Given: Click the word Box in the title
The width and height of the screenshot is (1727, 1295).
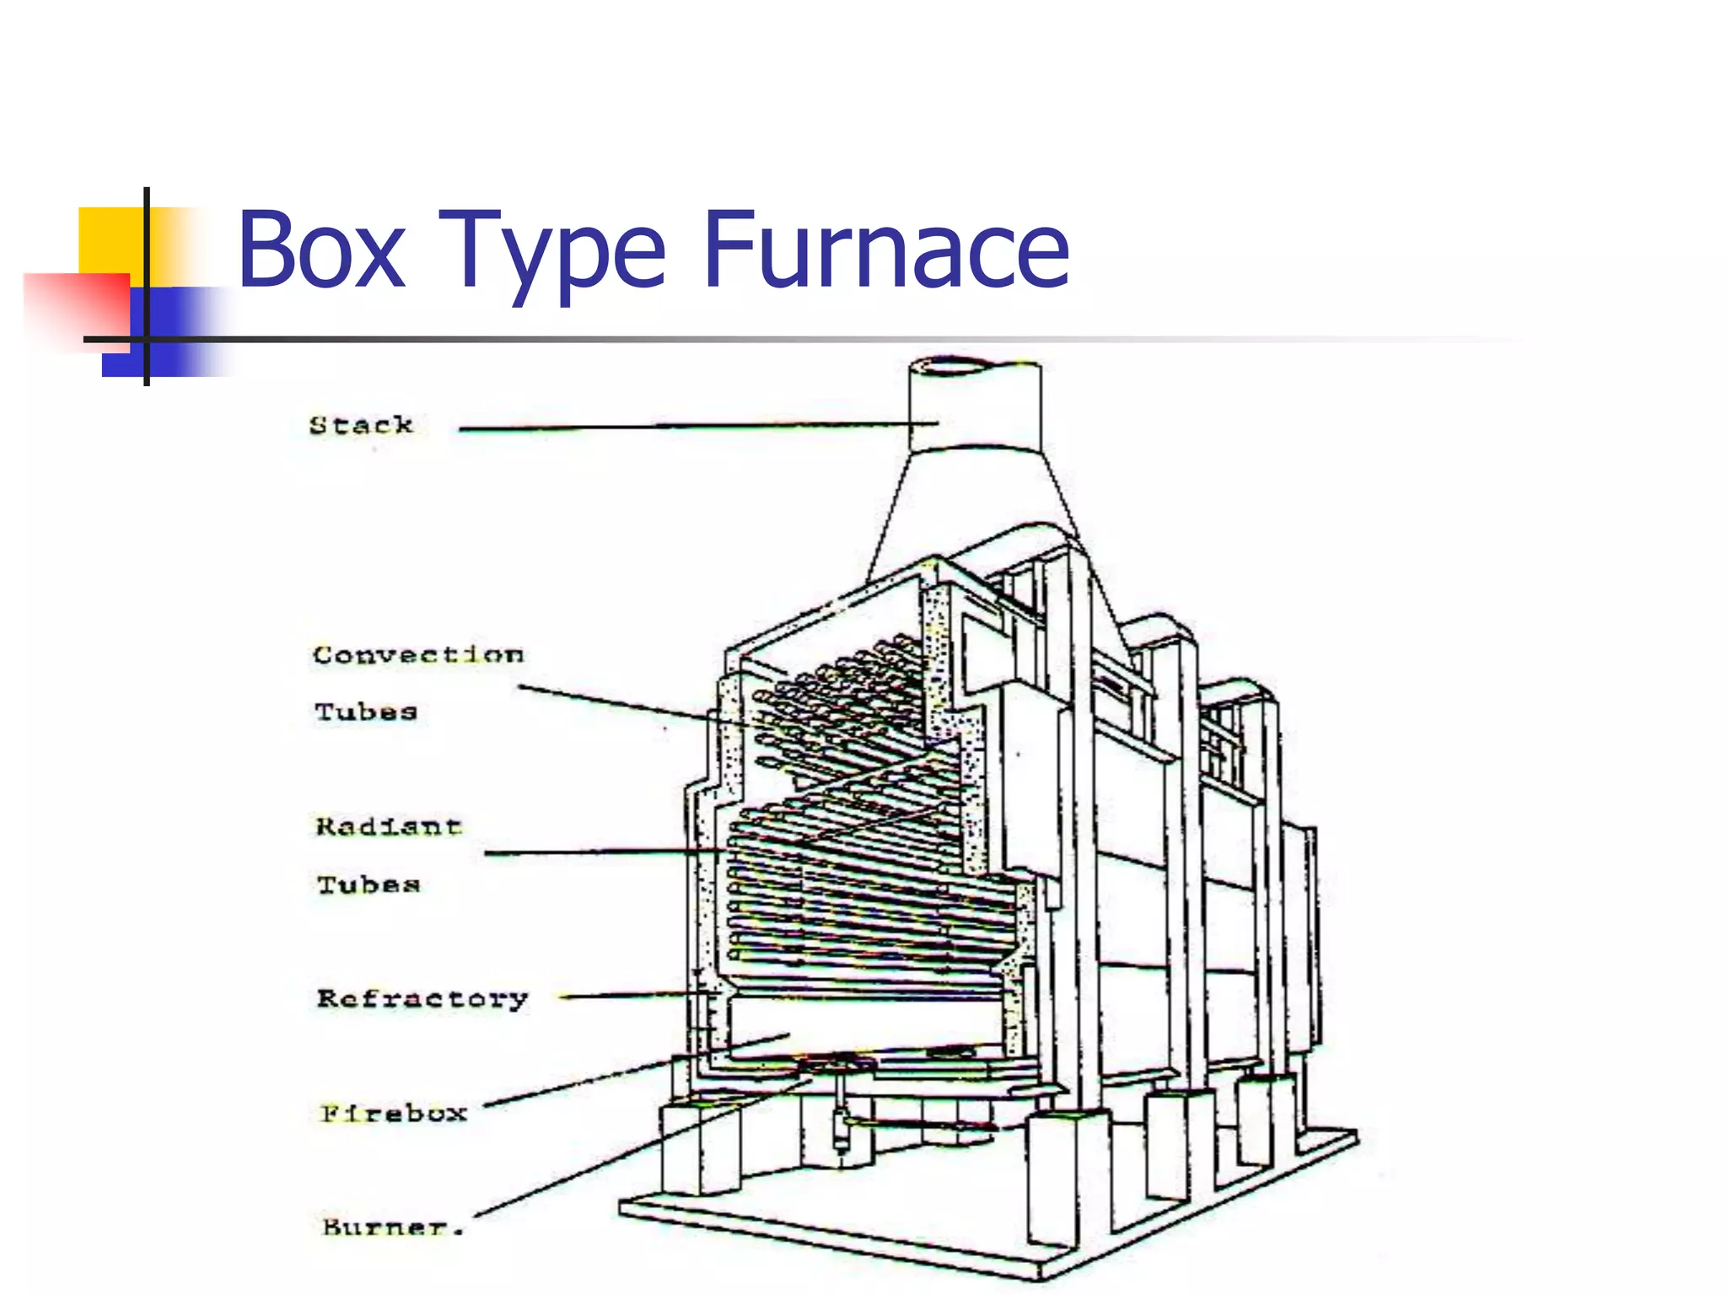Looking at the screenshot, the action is (x=321, y=250).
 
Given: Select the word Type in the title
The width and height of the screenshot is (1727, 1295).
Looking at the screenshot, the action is (x=552, y=253).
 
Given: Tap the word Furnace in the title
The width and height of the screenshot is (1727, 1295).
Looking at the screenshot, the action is (x=885, y=250).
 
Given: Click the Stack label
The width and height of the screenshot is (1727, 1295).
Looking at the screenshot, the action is (x=361, y=425).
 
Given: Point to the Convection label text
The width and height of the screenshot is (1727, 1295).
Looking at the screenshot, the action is (x=418, y=655).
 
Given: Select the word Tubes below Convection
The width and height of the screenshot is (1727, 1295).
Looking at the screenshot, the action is (x=366, y=712).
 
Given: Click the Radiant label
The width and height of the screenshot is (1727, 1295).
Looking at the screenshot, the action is (x=389, y=826).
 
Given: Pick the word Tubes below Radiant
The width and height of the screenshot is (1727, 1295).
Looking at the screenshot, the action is (x=369, y=884).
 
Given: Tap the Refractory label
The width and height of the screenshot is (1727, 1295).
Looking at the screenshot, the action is (x=422, y=999).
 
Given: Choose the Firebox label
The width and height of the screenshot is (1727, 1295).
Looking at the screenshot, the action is (x=394, y=1114).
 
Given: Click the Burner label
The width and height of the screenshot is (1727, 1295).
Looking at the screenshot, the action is (x=393, y=1227).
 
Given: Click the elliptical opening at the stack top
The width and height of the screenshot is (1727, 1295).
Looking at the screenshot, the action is (x=953, y=367).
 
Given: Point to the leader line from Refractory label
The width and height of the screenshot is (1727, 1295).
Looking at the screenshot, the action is (x=632, y=997).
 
